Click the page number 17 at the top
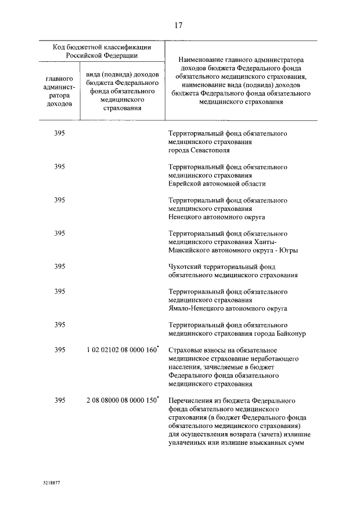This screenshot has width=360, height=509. [x=179, y=25]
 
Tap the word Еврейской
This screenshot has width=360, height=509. [x=187, y=183]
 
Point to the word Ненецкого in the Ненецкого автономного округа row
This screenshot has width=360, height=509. [x=186, y=217]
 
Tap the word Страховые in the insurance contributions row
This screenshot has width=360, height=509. [x=186, y=350]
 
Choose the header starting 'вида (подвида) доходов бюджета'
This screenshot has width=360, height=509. [x=122, y=92]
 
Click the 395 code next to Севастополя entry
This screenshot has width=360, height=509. [x=60, y=134]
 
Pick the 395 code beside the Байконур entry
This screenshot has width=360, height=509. [x=60, y=325]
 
